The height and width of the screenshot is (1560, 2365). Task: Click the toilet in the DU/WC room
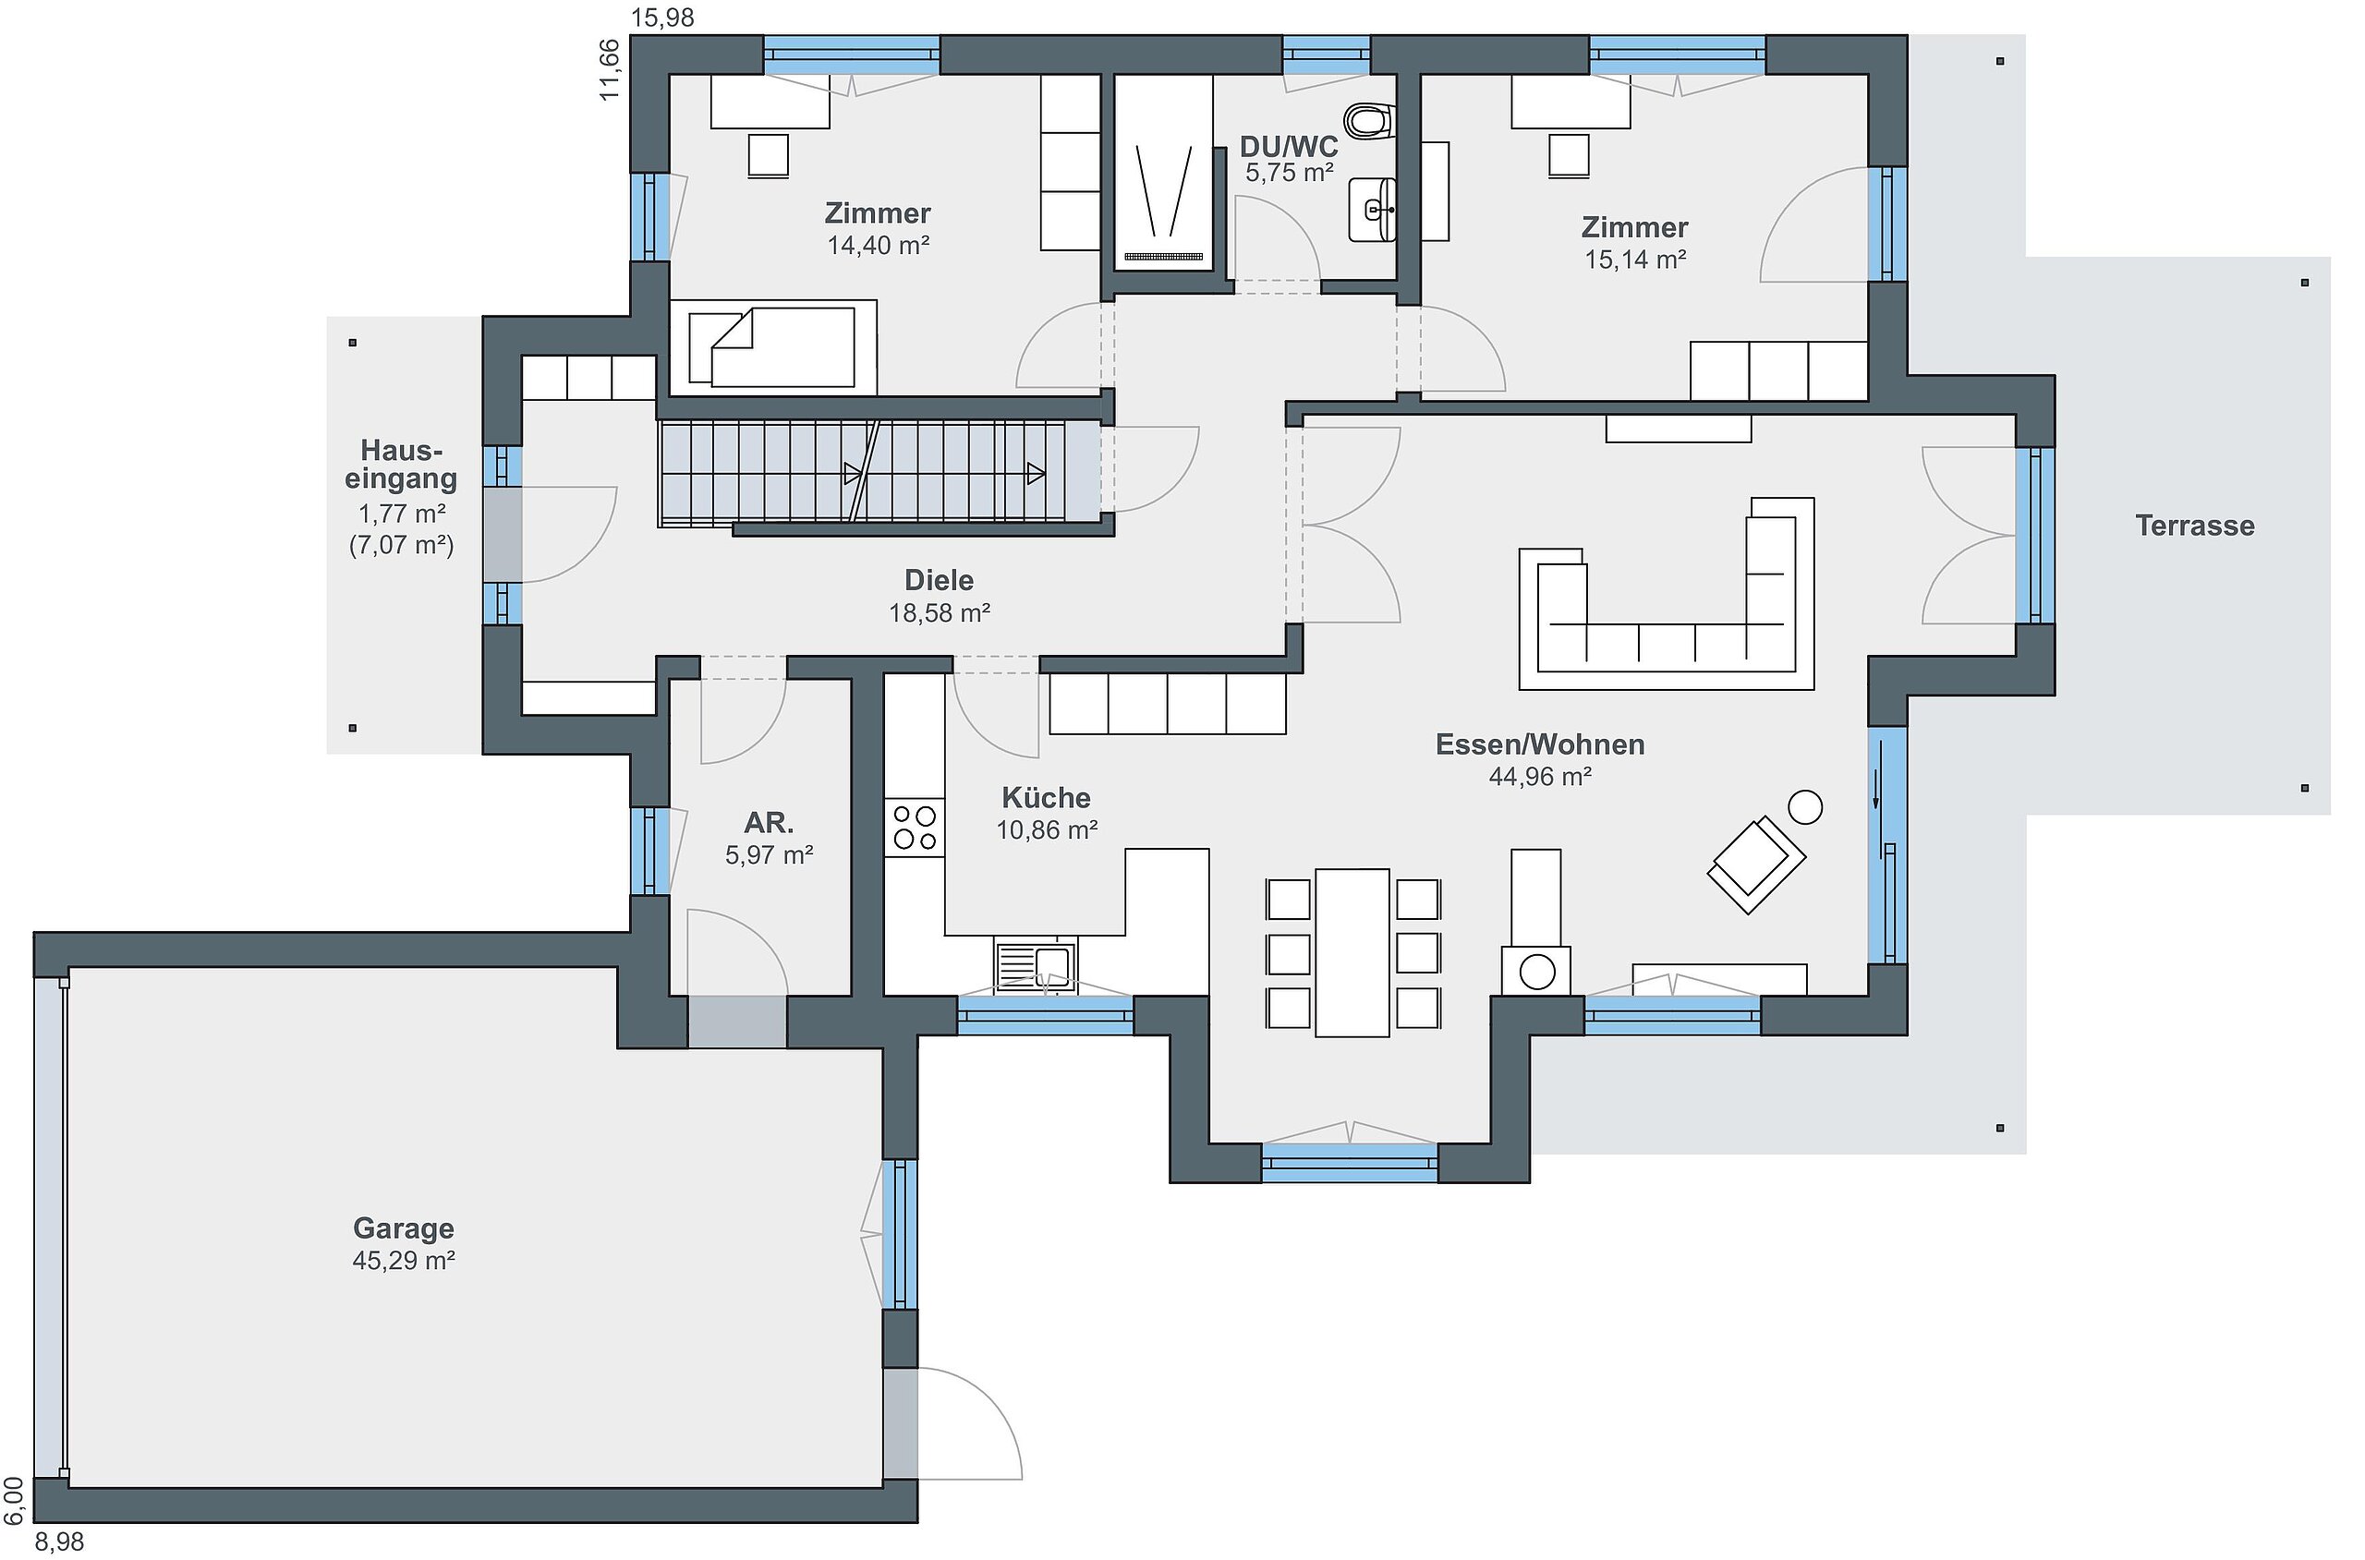coord(1370,121)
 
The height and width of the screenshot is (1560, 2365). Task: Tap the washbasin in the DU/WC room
coord(1373,210)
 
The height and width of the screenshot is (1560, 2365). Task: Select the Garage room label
coord(404,1229)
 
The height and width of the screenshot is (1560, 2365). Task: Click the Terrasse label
coord(2195,526)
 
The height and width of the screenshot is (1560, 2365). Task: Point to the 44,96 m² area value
coord(1540,777)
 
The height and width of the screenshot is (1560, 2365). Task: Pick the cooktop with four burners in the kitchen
coord(915,827)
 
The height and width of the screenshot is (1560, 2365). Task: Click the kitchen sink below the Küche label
coord(1036,965)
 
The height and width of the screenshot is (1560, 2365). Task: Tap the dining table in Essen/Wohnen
coord(1352,953)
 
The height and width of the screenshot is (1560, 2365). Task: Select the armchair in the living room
coord(1756,863)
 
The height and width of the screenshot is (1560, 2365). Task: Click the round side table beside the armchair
coord(1805,807)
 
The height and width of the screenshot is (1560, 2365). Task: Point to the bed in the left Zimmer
coord(773,347)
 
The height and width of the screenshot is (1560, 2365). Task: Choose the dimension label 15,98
coord(662,17)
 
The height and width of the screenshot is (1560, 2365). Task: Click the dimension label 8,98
coord(60,1542)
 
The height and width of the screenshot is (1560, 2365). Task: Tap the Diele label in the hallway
coord(940,580)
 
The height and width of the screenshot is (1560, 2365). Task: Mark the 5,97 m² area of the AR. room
coord(770,854)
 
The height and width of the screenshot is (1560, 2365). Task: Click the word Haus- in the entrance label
coord(402,451)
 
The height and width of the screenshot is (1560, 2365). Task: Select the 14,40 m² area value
coord(879,245)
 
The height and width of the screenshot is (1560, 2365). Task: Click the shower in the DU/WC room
coord(1163,172)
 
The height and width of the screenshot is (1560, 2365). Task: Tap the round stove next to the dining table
coord(1537,972)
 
